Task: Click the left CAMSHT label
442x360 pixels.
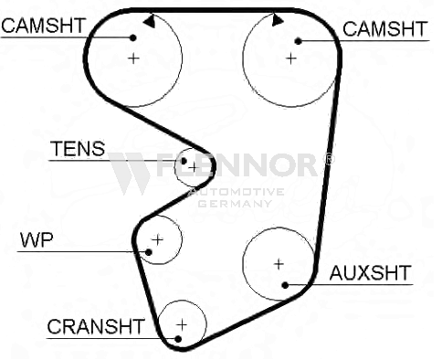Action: pyautogui.click(x=43, y=26)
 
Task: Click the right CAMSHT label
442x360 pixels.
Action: pyautogui.click(x=385, y=29)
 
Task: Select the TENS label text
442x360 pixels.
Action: pyautogui.click(x=79, y=149)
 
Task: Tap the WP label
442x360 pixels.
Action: pyautogui.click(x=37, y=240)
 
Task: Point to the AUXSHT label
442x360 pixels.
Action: pyautogui.click(x=371, y=272)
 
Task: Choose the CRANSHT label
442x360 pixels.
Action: pyautogui.click(x=96, y=326)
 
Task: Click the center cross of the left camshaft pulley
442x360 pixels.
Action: pyautogui.click(x=133, y=58)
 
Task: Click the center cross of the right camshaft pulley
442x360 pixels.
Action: pyautogui.click(x=291, y=58)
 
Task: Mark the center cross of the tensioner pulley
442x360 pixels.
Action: pyautogui.click(x=194, y=167)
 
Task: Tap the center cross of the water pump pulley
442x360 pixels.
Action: pyautogui.click(x=157, y=240)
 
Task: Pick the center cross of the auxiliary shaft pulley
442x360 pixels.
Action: pyautogui.click(x=279, y=264)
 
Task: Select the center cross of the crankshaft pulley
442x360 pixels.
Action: pyautogui.click(x=182, y=325)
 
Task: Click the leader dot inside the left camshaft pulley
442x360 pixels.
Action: pyautogui.click(x=132, y=37)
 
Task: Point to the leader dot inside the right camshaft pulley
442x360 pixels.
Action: pyautogui.click(x=299, y=41)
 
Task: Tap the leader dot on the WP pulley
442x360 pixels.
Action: pyautogui.click(x=149, y=252)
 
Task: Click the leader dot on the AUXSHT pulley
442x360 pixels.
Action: pyautogui.click(x=285, y=285)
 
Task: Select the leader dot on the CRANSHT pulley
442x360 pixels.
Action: pyautogui.click(x=178, y=339)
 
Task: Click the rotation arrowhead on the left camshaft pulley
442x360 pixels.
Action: pyautogui.click(x=150, y=22)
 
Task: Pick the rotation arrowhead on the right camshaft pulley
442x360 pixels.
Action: pyautogui.click(x=278, y=20)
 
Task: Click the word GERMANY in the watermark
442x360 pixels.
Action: pyautogui.click(x=235, y=203)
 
